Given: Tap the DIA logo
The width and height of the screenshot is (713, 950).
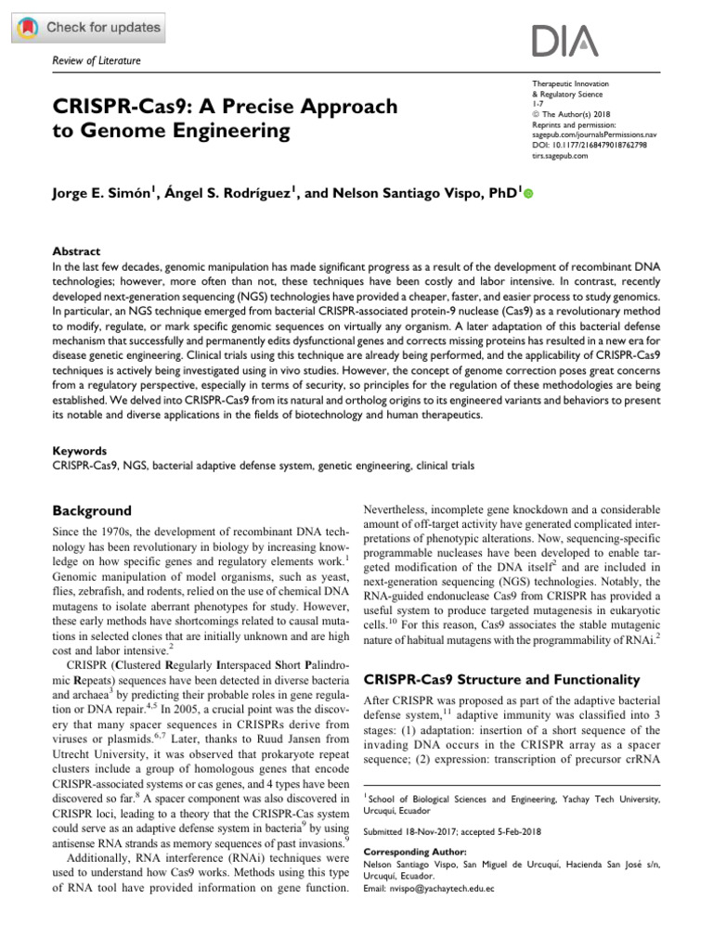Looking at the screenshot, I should coord(564,41).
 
